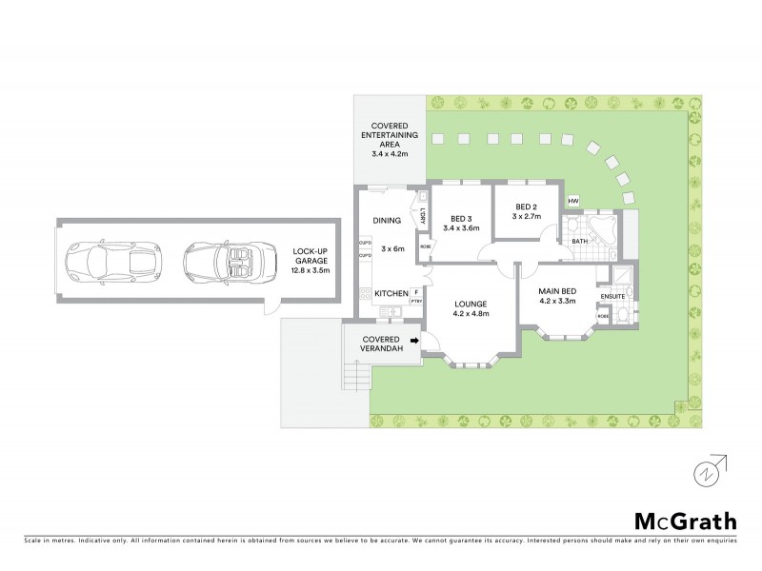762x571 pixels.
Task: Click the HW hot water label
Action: coord(573,202)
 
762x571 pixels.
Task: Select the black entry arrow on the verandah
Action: coord(414,339)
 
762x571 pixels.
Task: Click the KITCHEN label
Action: coord(391,293)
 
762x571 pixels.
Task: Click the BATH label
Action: coord(580,242)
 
